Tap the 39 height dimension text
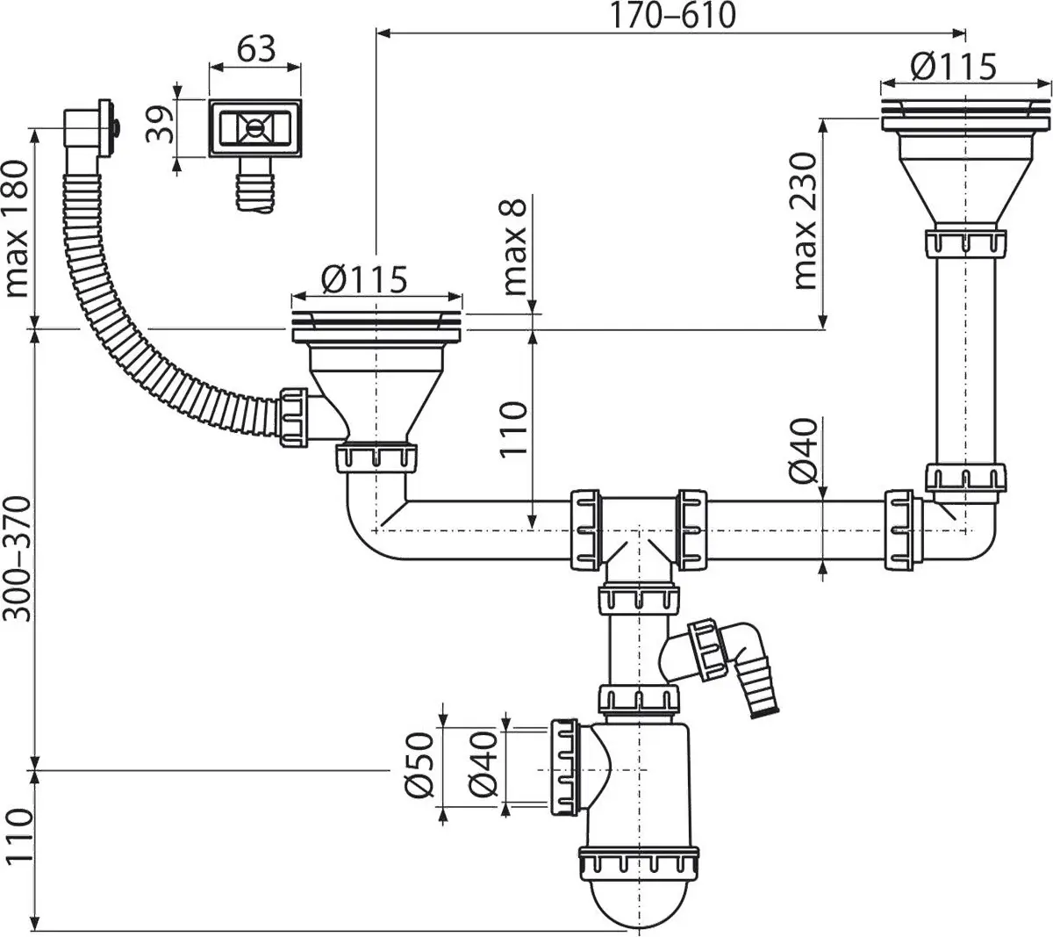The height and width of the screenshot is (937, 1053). [159, 121]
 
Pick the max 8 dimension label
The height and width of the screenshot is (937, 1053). [515, 247]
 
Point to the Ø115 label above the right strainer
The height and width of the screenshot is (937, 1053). [953, 66]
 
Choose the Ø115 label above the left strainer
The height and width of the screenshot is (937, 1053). [364, 279]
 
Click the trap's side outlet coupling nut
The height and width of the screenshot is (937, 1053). [564, 766]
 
